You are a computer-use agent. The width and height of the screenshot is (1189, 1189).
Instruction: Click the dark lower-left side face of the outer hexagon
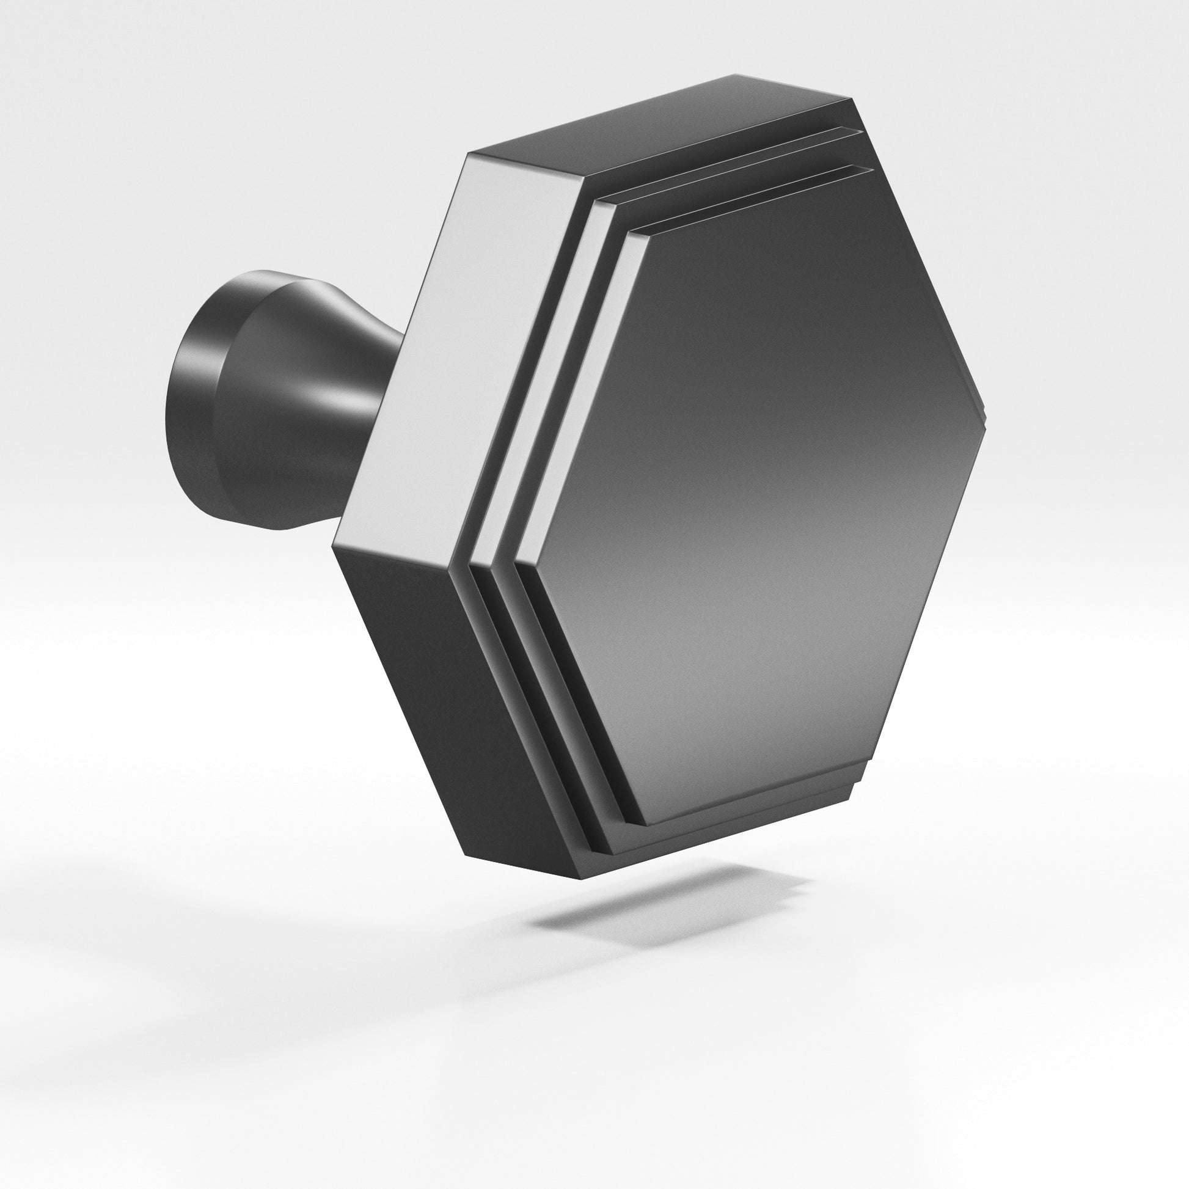[x=431, y=708]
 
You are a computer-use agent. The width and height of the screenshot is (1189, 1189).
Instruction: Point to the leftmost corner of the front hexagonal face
[x=517, y=562]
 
